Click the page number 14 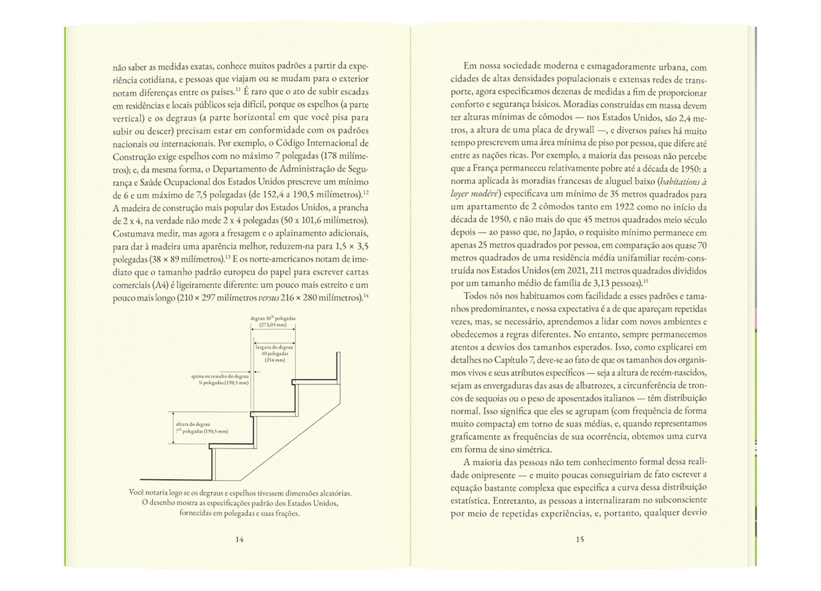[239, 539]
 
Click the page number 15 [579, 539]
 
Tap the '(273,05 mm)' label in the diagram [273, 324]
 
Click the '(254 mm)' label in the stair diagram [275, 360]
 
